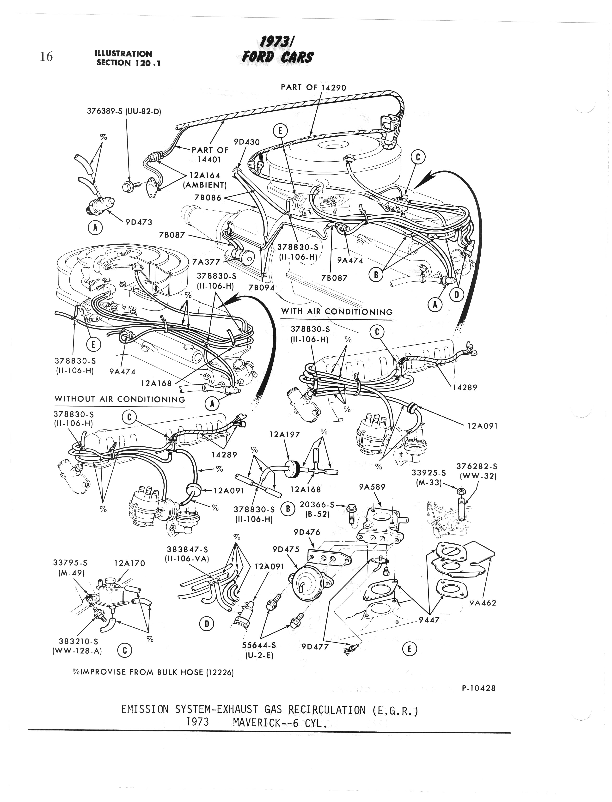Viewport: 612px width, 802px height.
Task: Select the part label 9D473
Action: pos(139,222)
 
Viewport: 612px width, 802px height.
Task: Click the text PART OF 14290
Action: pos(313,87)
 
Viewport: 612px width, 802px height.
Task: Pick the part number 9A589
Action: pos(372,486)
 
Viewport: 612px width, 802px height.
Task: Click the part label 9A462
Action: pos(483,603)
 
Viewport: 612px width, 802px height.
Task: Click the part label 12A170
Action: pos(130,563)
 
